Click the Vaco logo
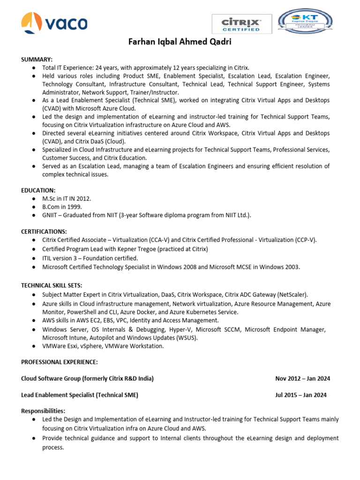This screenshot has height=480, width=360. pyautogui.click(x=54, y=22)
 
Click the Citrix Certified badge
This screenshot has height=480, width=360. pyautogui.click(x=241, y=23)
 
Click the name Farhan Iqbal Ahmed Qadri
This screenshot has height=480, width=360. pyautogui.click(x=180, y=42)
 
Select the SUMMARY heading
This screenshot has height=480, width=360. pyautogui.click(x=37, y=59)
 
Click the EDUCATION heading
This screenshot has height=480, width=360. pyautogui.click(x=38, y=190)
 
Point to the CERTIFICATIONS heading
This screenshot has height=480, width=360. pyautogui.click(x=44, y=232)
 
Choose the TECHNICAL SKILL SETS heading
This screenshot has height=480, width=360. pyautogui.click(x=51, y=285)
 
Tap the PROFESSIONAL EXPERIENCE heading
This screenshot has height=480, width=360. pyautogui.click(x=60, y=362)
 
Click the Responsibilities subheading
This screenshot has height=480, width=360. pyautogui.click(x=43, y=411)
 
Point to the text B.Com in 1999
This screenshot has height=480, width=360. pyautogui.click(x=62, y=207)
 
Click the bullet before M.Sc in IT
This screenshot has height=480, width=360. pyautogui.click(x=34, y=199)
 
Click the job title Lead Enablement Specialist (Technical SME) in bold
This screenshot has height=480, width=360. pyautogui.click(x=80, y=395)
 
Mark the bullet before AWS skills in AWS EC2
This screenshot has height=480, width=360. pyautogui.click(x=34, y=321)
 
